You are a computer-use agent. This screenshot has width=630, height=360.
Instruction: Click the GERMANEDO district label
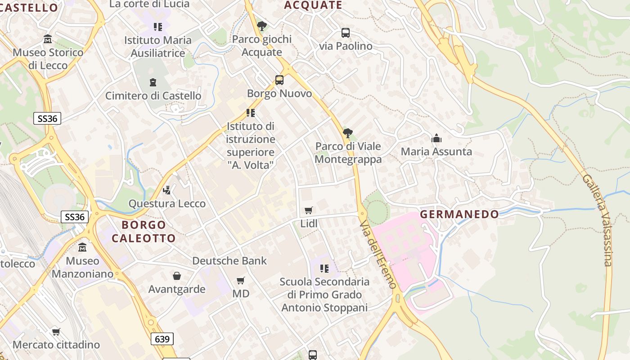click(459, 214)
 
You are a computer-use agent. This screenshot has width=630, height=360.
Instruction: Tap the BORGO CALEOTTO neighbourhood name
click(144, 231)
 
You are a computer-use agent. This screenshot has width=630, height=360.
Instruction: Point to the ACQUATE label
click(313, 5)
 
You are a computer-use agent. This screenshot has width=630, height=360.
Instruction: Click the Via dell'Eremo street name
click(378, 254)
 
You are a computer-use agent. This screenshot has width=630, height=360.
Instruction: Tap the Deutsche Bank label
click(229, 261)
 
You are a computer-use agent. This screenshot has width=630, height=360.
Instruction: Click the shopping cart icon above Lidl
click(309, 211)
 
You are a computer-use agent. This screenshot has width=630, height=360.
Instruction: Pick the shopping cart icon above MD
click(241, 281)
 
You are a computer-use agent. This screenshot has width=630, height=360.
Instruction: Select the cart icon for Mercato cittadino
click(56, 332)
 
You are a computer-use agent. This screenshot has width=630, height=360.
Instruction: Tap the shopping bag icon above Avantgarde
click(177, 276)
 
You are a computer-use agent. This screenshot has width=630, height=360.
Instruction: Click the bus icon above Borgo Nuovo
click(279, 81)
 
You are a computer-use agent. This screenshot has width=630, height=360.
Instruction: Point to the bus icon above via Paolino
click(346, 33)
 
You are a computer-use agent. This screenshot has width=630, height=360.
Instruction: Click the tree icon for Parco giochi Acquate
click(261, 26)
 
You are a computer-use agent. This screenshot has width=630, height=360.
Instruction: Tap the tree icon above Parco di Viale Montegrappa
click(348, 133)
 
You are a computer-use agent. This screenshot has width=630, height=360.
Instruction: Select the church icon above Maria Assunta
click(436, 139)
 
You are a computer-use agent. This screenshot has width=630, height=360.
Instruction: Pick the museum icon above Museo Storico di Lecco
click(48, 40)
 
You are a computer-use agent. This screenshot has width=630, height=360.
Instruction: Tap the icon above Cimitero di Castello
click(153, 83)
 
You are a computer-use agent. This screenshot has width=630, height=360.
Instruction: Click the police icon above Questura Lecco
click(167, 190)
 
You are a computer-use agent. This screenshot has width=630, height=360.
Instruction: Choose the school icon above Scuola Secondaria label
click(324, 269)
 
